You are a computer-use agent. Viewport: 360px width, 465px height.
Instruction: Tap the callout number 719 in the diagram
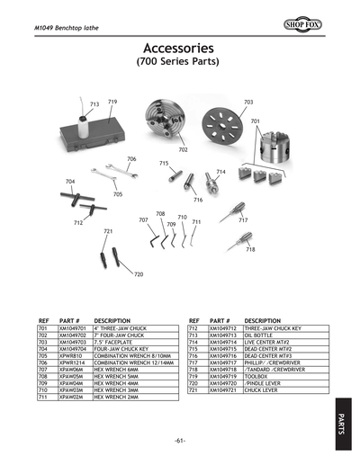coord(112,103)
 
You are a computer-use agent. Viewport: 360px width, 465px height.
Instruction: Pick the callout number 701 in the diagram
coord(256,121)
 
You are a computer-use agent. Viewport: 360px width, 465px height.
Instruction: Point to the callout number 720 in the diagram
coord(139,274)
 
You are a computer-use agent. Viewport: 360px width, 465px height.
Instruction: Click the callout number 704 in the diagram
coord(70,182)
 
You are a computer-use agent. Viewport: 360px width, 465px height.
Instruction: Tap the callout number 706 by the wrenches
coord(131,159)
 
